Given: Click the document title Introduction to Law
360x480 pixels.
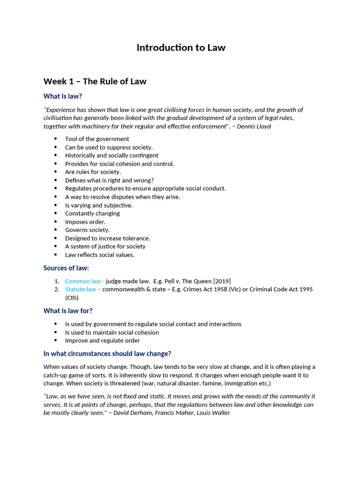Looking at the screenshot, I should coord(180,48).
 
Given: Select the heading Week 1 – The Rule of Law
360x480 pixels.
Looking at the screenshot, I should coord(95,82).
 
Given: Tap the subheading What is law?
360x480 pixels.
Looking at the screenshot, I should coord(63,96).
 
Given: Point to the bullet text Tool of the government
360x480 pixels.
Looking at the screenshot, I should coord(97,139).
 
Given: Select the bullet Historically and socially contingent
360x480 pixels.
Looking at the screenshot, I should coord(112,155).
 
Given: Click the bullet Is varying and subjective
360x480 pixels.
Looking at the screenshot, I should coord(98,205).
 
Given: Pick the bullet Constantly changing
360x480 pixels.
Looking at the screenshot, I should coord(92,213).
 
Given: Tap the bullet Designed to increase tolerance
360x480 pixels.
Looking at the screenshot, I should coord(107,238).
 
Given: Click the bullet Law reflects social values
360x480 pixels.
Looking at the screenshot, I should coord(99,255).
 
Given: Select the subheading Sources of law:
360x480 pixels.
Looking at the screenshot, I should coord(66,268).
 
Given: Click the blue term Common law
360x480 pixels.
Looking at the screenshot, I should coord(83,281).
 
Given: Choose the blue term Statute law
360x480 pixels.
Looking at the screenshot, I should coord(81,289).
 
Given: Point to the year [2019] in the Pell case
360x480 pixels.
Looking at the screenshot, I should coord(222,281).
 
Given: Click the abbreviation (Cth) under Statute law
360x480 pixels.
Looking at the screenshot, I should coord(72,298).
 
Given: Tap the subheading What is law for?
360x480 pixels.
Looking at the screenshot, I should coord(68,311).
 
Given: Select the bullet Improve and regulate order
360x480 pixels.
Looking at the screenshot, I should coord(102,341).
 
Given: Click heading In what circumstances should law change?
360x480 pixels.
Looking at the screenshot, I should coord(107,353).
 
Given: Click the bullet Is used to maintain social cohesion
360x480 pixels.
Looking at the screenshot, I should coord(112,332).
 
